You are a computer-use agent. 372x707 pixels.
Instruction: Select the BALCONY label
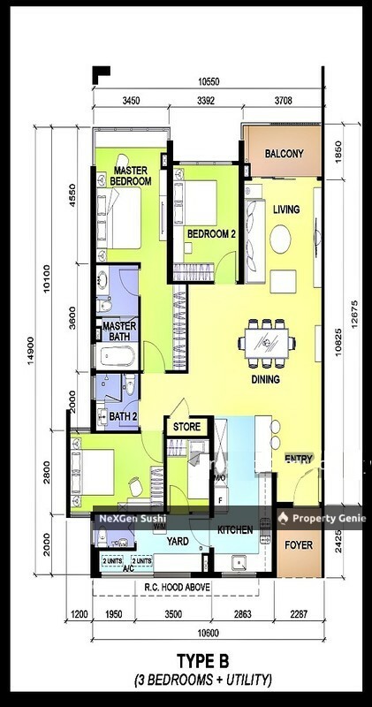(x=284, y=154)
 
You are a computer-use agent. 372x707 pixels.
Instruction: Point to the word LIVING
(x=285, y=209)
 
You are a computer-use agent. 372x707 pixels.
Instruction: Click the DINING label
(x=265, y=379)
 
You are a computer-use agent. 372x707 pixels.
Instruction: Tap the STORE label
(x=187, y=428)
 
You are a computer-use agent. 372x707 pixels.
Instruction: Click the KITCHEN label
(x=235, y=530)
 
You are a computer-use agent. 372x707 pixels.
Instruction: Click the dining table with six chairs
(x=265, y=343)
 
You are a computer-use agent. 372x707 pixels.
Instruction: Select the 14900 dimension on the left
(x=31, y=349)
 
